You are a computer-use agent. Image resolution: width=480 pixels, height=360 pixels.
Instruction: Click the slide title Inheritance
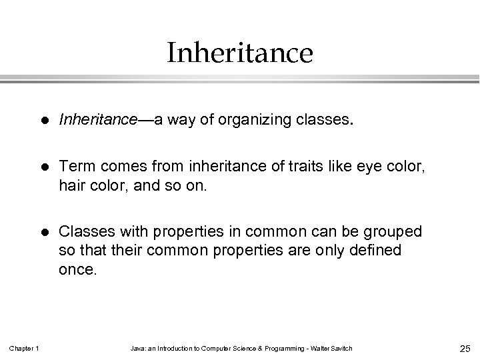[240, 53]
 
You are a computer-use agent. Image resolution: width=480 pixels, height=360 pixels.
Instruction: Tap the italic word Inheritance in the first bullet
[97, 121]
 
